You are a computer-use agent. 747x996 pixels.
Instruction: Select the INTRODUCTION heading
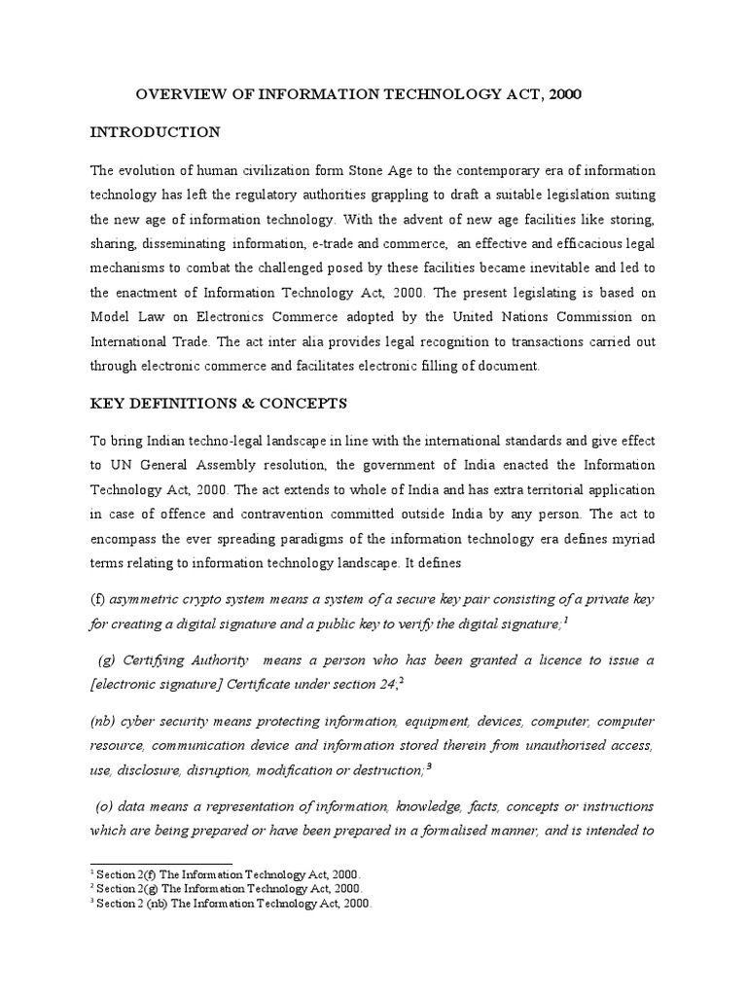[x=155, y=131]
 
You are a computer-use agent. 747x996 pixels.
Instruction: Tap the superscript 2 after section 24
[x=400, y=681]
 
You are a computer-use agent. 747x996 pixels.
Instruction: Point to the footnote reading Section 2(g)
[x=226, y=888]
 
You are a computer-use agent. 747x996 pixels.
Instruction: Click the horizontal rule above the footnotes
[x=160, y=863]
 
